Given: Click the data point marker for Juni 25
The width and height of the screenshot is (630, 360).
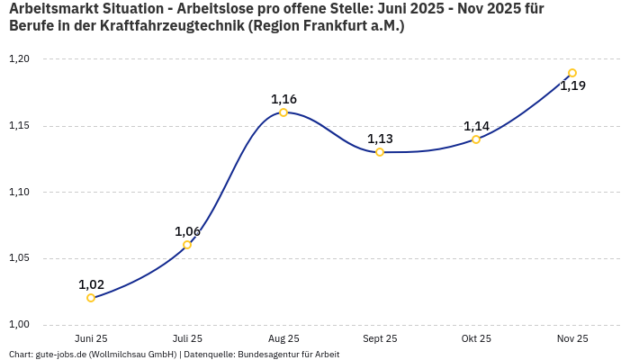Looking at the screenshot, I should (x=91, y=298).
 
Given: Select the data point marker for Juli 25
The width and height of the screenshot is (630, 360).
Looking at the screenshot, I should (x=187, y=245).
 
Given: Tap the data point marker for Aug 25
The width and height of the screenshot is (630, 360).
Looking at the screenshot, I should (x=283, y=112).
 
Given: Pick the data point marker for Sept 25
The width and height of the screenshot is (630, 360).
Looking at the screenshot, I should (x=380, y=152).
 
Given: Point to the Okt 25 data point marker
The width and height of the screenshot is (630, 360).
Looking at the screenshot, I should (x=476, y=139).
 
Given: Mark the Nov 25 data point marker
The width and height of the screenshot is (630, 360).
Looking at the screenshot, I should (x=572, y=73).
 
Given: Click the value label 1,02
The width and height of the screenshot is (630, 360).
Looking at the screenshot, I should (x=91, y=284).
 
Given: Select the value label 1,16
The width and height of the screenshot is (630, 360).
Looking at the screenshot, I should (x=283, y=99).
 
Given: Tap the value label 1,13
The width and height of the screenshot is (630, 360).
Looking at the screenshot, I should (x=380, y=139).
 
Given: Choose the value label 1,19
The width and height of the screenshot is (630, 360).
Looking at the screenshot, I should (x=572, y=86).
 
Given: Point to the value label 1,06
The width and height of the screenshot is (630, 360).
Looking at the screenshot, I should (x=187, y=231).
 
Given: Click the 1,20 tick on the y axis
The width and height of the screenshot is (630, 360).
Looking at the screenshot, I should (x=19, y=59).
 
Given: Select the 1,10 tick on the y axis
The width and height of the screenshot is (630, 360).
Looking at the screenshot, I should (x=19, y=192).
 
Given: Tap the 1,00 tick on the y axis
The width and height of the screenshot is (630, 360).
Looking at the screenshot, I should (x=19, y=325).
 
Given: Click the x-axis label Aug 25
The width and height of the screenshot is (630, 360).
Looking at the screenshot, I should (x=283, y=338).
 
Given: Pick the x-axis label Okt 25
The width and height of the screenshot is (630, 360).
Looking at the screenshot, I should (x=476, y=338).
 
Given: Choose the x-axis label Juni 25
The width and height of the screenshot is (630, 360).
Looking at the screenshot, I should (x=91, y=338).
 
